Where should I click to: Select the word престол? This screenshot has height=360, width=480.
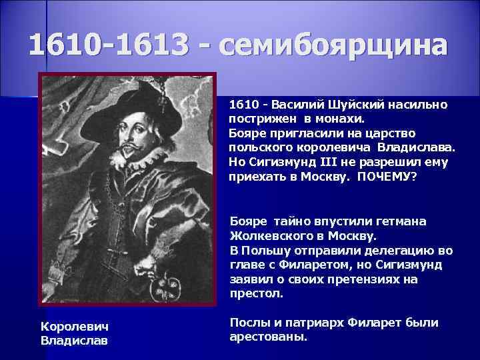pyautogui.click(x=256, y=293)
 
